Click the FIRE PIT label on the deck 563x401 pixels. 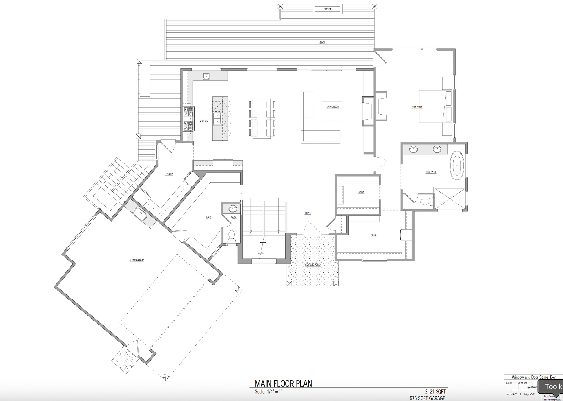click(327, 9)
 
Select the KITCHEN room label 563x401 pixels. click(204, 121)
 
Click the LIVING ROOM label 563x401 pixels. click(333, 107)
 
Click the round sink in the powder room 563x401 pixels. click(233, 209)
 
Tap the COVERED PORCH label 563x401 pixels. click(313, 265)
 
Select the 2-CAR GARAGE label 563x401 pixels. click(137, 260)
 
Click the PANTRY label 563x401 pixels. click(169, 174)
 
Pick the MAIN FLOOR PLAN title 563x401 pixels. click(283, 383)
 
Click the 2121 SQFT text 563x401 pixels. click(435, 391)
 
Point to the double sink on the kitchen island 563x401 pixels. click(217, 118)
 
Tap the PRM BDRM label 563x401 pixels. click(417, 107)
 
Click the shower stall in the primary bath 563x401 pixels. click(449, 199)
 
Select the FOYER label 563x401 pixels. click(308, 213)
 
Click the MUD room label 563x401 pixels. click(208, 218)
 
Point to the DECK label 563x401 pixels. click(322, 43)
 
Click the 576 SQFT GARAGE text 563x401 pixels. click(427, 398)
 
